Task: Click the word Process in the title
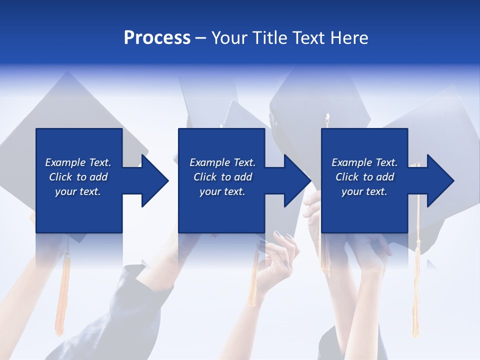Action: (x=157, y=38)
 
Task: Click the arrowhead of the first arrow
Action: (x=155, y=180)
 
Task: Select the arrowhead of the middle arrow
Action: (x=297, y=180)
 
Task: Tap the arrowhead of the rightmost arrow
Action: (x=440, y=180)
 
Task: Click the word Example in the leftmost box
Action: (x=65, y=162)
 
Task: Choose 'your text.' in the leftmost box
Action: (x=78, y=191)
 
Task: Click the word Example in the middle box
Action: (x=209, y=162)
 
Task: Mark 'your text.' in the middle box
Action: (x=222, y=191)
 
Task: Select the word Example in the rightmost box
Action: (x=351, y=162)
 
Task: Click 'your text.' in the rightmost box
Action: (x=364, y=191)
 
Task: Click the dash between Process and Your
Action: (x=200, y=38)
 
